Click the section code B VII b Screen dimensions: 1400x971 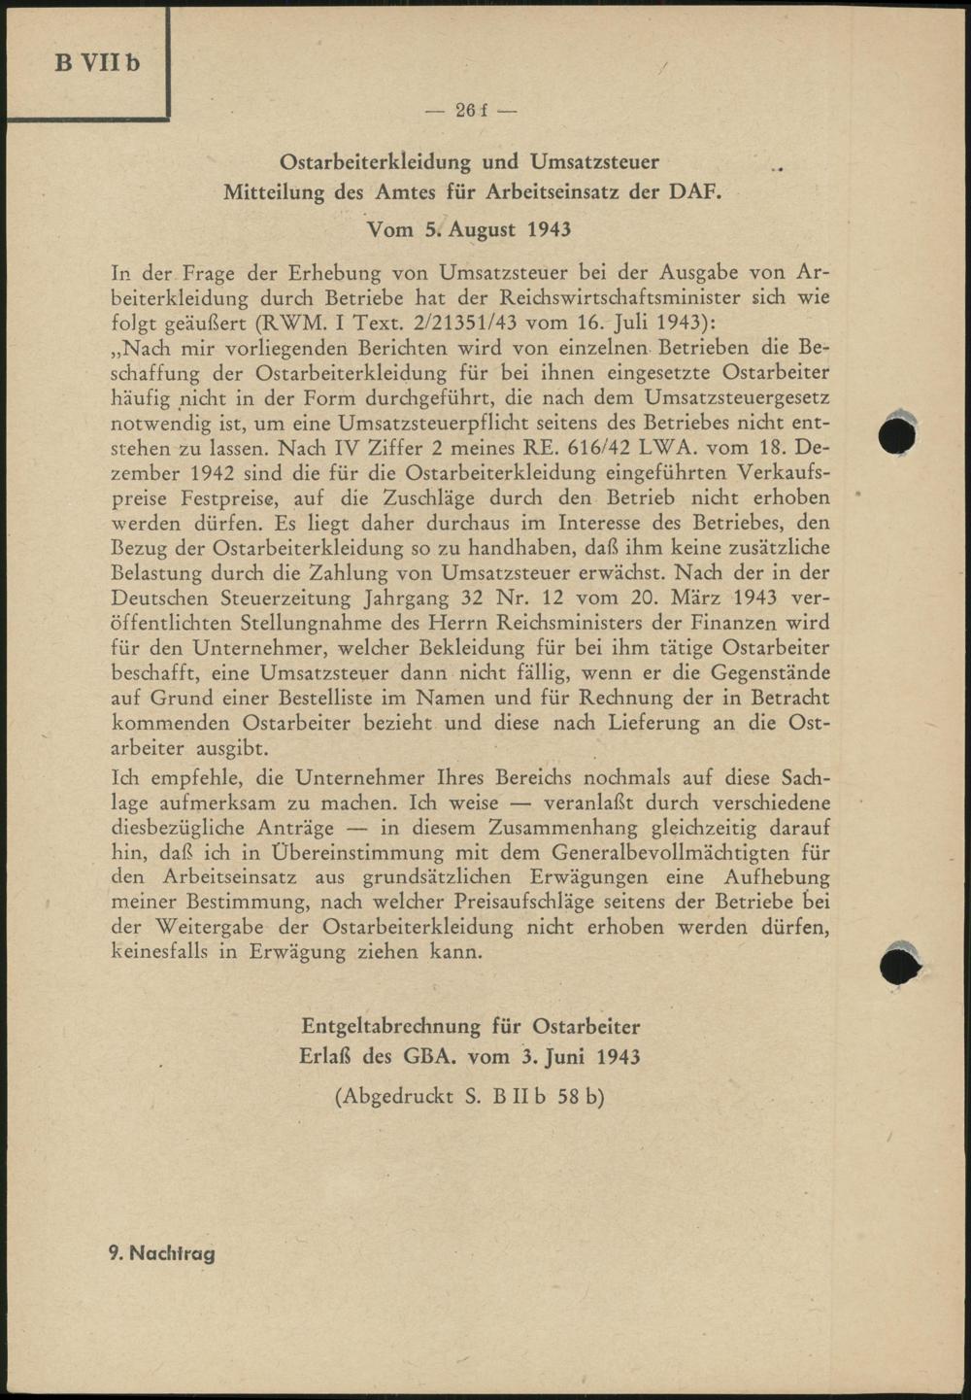pyautogui.click(x=97, y=63)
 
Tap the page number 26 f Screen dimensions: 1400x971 pyautogui.click(x=471, y=111)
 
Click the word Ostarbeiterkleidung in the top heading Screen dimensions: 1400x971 pyautogui.click(x=375, y=161)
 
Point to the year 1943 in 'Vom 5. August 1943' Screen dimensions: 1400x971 pyautogui.click(x=549, y=229)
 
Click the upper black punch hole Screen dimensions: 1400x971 pyautogui.click(x=897, y=433)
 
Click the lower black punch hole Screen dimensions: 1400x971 pyautogui.click(x=899, y=964)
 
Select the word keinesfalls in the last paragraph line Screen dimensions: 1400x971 pyautogui.click(x=160, y=952)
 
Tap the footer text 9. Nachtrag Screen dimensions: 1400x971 pyautogui.click(x=161, y=1253)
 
